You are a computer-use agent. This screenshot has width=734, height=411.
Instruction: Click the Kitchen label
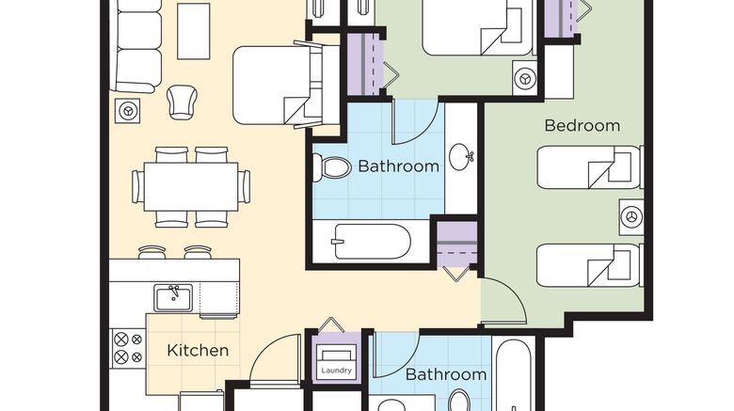coord(198,350)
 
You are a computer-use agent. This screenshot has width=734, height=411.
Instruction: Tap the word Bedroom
coord(582,125)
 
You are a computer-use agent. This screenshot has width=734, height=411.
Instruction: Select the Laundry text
coord(336,371)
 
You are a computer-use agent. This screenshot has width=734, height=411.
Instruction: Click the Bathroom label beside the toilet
coord(398,166)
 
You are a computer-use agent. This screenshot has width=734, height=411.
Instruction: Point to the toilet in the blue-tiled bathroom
coord(331,167)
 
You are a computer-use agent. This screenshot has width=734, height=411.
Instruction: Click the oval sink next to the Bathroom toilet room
coord(460,156)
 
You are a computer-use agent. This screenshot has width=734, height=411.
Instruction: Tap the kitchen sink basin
coord(173,298)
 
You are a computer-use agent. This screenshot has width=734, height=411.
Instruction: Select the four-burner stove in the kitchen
coord(128,348)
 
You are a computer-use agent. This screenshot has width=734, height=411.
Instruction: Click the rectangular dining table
coord(191,186)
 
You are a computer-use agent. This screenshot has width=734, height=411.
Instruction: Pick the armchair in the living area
coord(182,103)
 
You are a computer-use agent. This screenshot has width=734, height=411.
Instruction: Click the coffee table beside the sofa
coord(193,31)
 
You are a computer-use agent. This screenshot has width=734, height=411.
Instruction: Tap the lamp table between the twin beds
coord(631,216)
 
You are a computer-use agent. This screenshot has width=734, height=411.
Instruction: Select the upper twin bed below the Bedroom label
coord(589,167)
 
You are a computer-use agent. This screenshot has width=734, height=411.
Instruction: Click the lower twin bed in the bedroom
coord(589,265)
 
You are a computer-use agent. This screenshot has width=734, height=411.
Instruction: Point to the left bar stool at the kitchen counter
coord(152,252)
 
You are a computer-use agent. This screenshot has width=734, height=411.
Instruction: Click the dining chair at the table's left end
coord(138,186)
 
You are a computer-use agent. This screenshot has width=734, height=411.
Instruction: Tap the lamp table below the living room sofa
coord(127,111)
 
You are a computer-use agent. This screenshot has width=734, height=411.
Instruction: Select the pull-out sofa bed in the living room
coord(285,85)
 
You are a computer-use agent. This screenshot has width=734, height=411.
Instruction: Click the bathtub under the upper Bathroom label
coord(372,242)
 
